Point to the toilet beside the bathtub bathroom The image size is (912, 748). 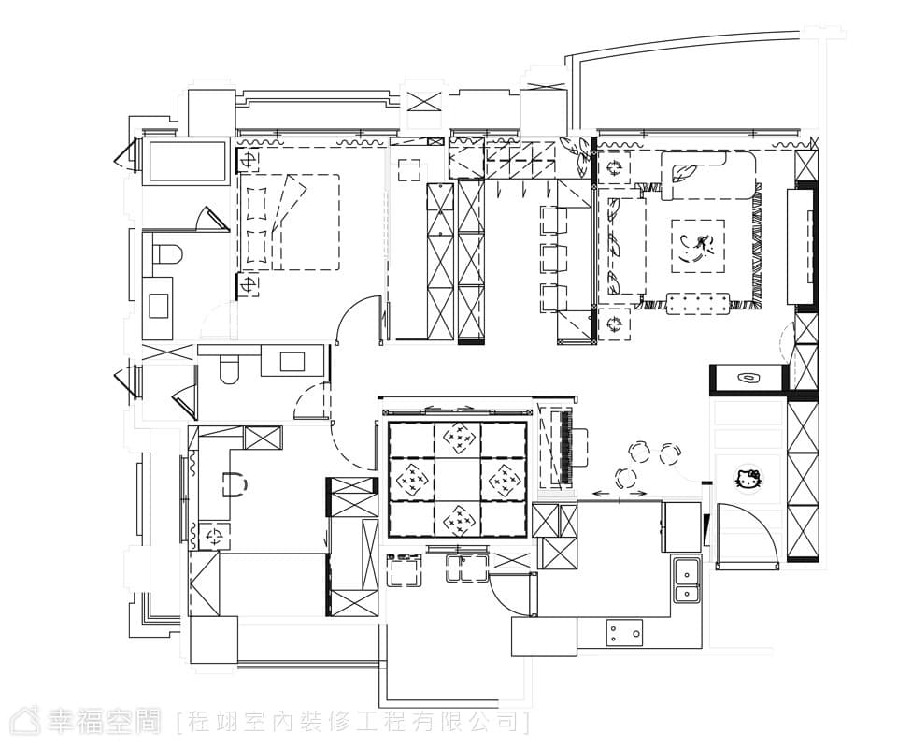coord(169,255)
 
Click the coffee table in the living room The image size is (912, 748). coord(698,246)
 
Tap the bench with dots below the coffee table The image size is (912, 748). coord(698,304)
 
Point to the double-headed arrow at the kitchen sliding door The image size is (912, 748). coord(620,494)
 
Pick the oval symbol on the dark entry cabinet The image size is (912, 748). coord(747,379)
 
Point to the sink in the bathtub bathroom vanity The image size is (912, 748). coord(158,306)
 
